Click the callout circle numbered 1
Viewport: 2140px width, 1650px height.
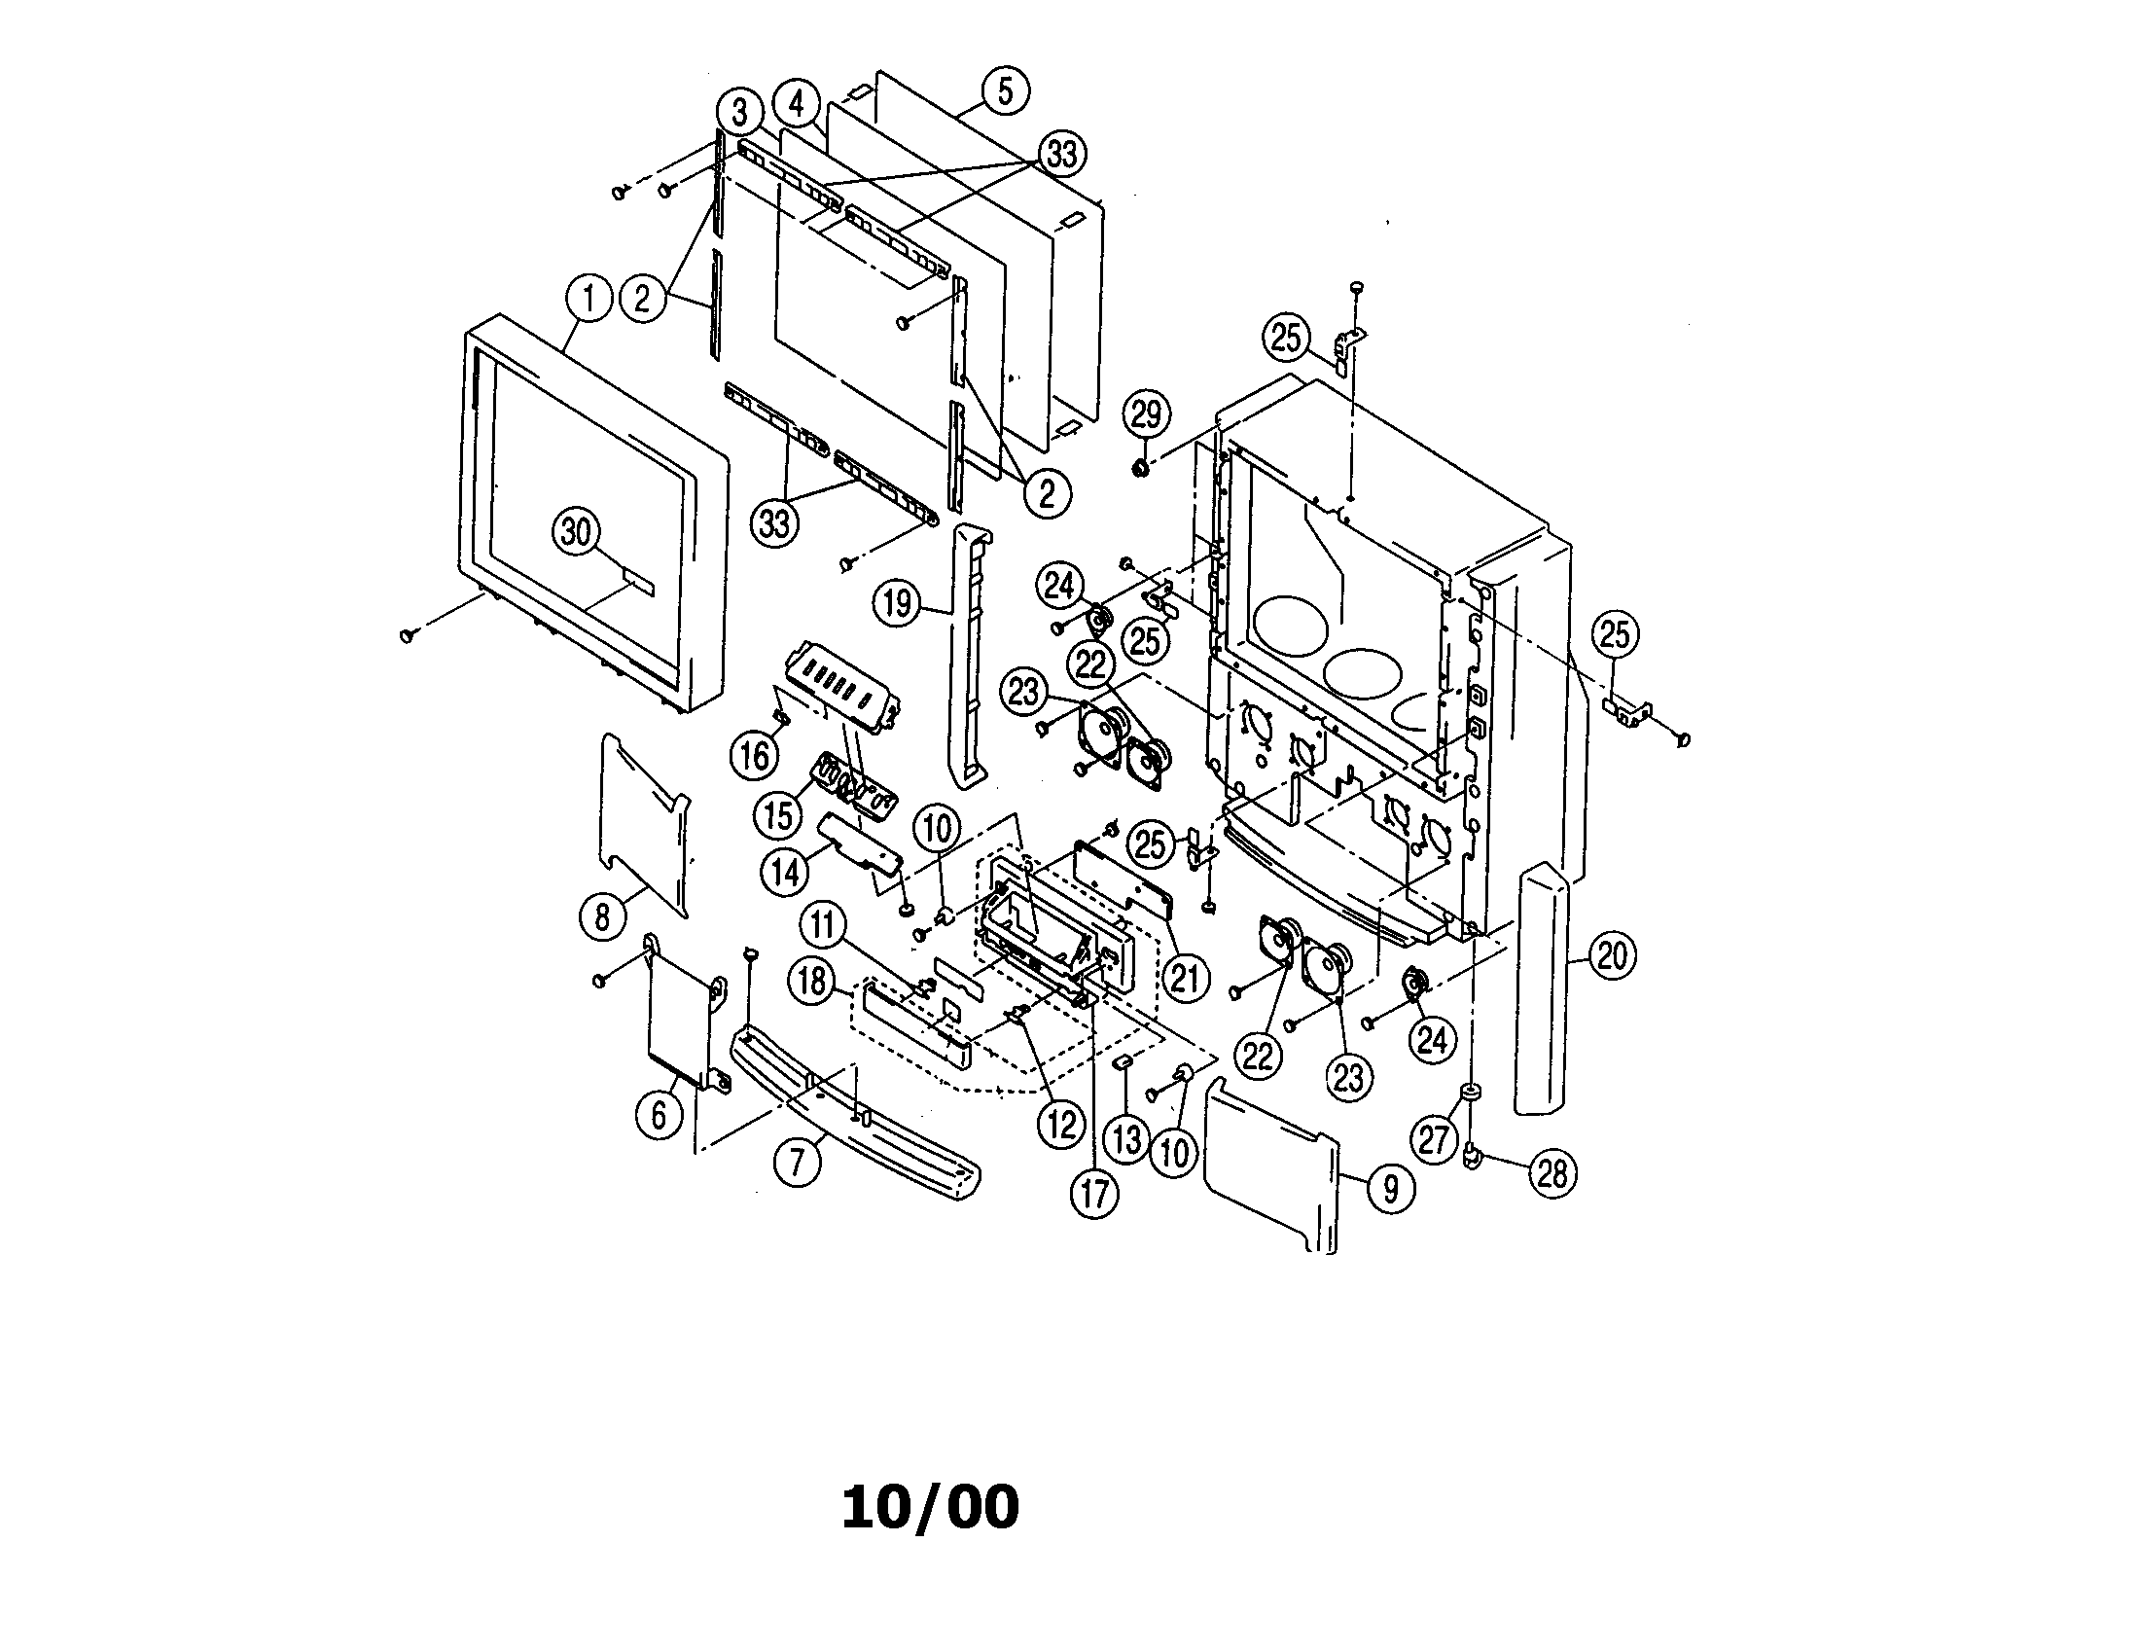pyautogui.click(x=588, y=297)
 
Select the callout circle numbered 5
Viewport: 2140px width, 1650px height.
pyautogui.click(x=1005, y=91)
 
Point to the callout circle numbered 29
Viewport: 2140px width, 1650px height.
pyautogui.click(x=1146, y=414)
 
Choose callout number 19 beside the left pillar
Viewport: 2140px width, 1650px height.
pyautogui.click(x=898, y=603)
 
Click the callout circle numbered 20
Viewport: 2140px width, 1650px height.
pyautogui.click(x=1612, y=955)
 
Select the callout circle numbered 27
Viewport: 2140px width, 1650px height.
pyautogui.click(x=1434, y=1140)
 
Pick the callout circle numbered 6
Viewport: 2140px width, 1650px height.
pyautogui.click(x=660, y=1114)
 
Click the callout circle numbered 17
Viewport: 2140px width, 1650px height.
pyautogui.click(x=1094, y=1194)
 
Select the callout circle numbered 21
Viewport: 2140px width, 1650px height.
pyautogui.click(x=1185, y=977)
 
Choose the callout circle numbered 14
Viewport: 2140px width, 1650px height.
pyautogui.click(x=786, y=871)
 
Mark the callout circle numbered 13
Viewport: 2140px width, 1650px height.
pyautogui.click(x=1126, y=1138)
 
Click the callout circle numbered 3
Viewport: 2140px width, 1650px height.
pyautogui.click(x=740, y=113)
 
